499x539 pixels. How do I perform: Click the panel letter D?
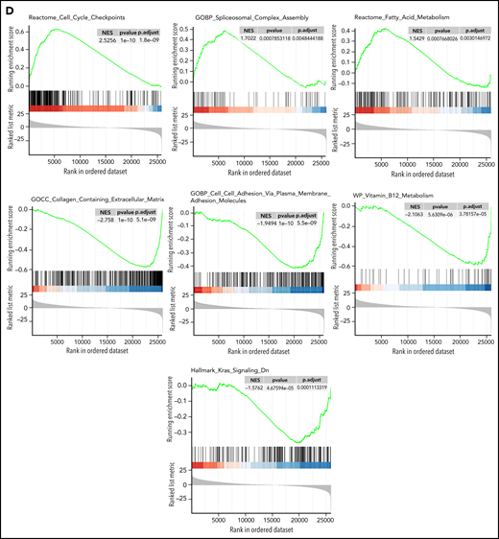(x=8, y=7)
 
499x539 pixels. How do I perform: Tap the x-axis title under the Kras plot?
(x=257, y=529)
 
